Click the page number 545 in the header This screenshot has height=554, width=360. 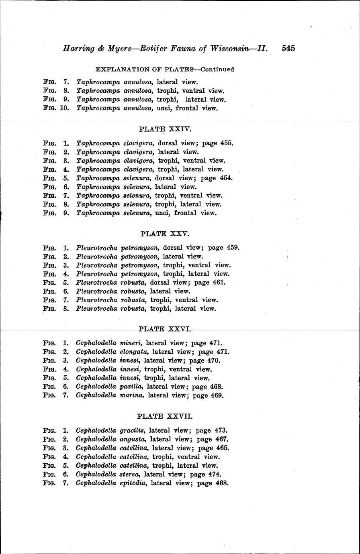coord(288,49)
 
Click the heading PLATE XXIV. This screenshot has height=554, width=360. coord(165,129)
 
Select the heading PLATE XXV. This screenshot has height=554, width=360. coord(165,234)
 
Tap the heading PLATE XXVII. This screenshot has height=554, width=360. coord(165,417)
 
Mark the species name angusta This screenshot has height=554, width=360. coord(134,440)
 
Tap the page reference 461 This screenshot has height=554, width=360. coord(220,282)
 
